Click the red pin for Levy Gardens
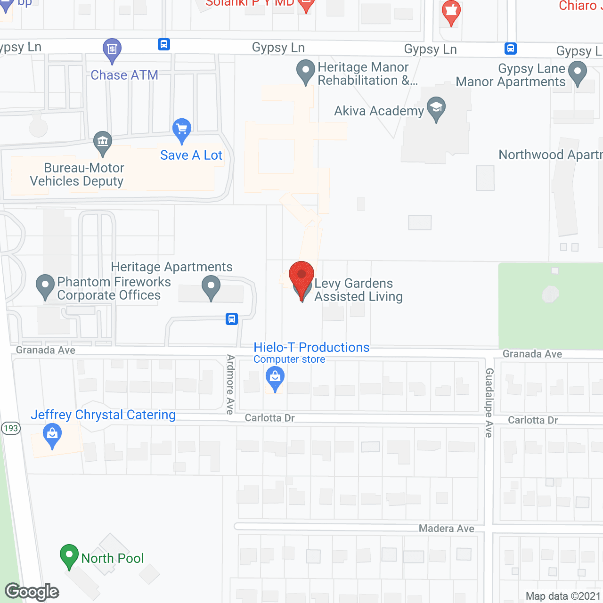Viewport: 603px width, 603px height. click(x=301, y=276)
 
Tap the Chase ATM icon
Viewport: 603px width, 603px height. click(x=112, y=49)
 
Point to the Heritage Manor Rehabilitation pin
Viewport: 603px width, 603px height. click(x=306, y=71)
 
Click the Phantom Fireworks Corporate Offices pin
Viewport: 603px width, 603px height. click(x=45, y=285)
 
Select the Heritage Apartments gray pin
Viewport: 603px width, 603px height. click(x=211, y=286)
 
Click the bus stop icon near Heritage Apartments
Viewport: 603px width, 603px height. click(x=232, y=319)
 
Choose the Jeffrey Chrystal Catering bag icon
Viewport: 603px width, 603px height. click(x=52, y=435)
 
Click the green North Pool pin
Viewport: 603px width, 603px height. click(x=69, y=556)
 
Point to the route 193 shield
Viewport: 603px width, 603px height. click(x=10, y=428)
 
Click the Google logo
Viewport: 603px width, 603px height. click(x=32, y=592)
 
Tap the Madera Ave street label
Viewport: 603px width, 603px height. click(x=446, y=529)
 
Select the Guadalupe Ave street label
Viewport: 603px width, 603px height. click(x=489, y=402)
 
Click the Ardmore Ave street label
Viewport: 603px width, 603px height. click(x=230, y=384)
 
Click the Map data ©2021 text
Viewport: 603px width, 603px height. click(x=563, y=596)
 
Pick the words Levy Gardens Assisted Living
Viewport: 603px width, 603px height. click(x=359, y=290)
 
